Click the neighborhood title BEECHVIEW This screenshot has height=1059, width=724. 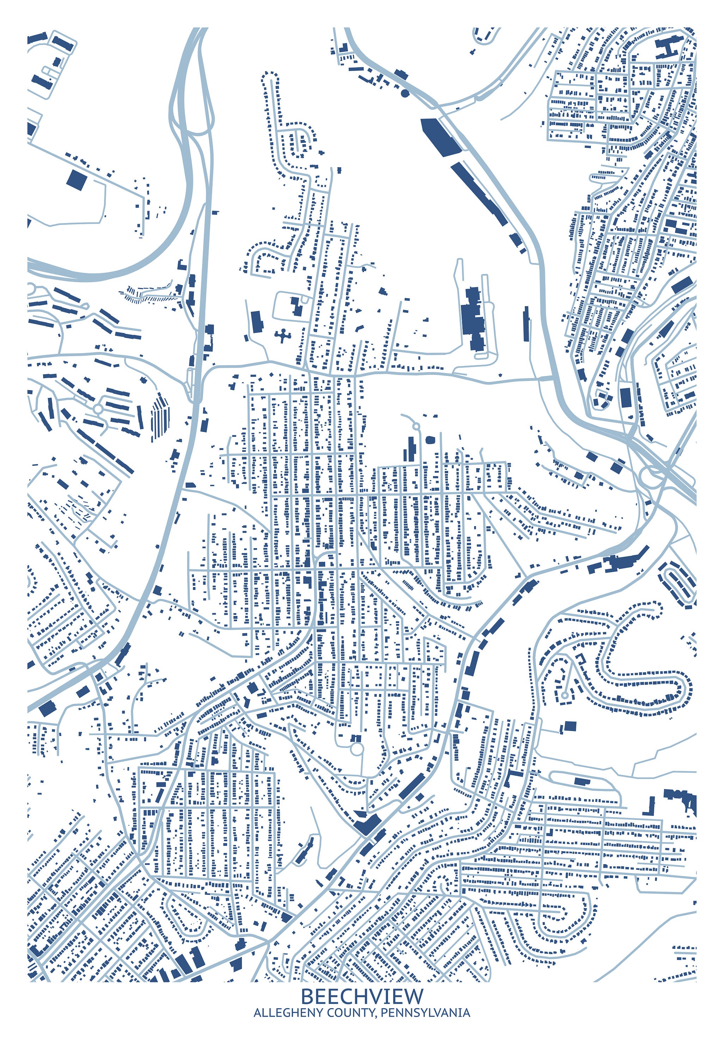(362, 997)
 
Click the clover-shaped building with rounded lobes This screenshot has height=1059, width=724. (283, 336)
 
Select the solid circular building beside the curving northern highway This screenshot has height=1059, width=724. (405, 93)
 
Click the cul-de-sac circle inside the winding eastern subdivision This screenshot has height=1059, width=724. (565, 696)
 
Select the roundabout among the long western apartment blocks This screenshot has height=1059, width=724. (97, 409)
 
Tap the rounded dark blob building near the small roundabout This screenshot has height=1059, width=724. (430, 440)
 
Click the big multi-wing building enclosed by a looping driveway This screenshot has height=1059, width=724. (473, 318)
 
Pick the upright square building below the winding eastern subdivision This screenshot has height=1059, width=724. (570, 726)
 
